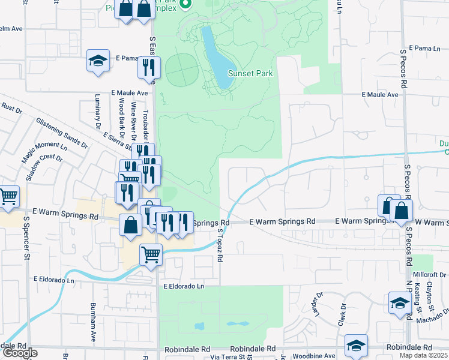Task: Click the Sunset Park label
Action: click(x=250, y=74)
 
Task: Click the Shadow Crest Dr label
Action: click(x=44, y=167)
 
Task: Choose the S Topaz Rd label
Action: click(x=220, y=245)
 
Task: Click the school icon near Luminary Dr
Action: click(x=98, y=61)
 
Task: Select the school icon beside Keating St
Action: click(x=400, y=302)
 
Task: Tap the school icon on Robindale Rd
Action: click(x=356, y=345)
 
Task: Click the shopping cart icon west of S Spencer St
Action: click(x=8, y=196)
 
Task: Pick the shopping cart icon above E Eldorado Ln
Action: click(x=151, y=254)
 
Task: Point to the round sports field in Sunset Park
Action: click(x=181, y=70)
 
